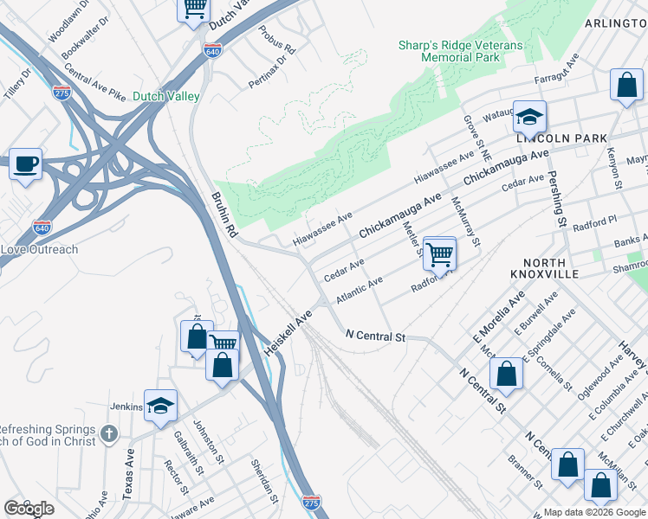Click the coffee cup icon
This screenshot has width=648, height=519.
(x=26, y=163)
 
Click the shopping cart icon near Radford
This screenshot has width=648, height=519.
(x=440, y=253)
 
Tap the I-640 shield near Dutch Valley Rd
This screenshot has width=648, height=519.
(x=212, y=51)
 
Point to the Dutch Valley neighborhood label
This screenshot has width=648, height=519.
(x=166, y=97)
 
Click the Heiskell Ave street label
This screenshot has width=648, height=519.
(x=287, y=333)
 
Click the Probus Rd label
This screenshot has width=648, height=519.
(x=277, y=40)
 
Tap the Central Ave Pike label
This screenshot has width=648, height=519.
(x=94, y=86)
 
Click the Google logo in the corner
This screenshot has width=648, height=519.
(x=29, y=509)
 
